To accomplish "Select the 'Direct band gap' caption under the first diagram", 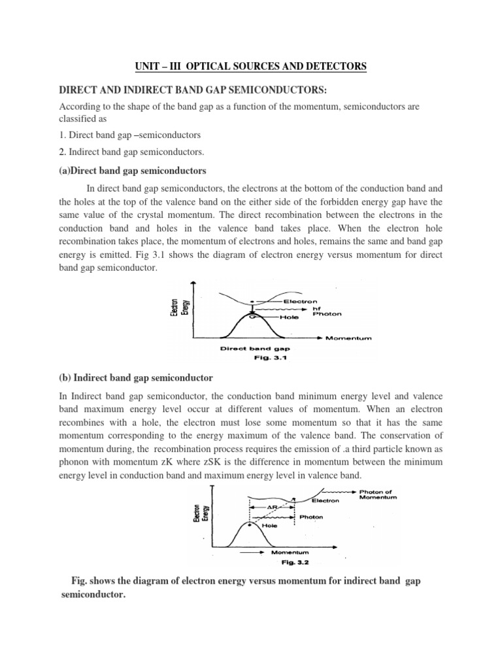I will [250, 349].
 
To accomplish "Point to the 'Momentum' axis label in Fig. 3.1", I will [348, 338].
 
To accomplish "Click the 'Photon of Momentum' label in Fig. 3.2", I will [377, 495].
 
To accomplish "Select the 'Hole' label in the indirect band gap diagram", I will [270, 525].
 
